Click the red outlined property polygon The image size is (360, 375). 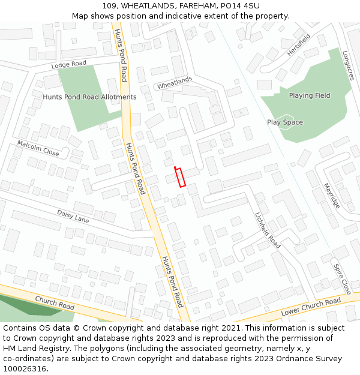[x=180, y=177]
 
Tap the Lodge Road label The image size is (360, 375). [x=69, y=64]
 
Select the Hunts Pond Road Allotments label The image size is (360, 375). [x=89, y=97]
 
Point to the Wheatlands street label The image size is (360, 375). [x=175, y=83]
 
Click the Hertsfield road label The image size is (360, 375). [x=299, y=44]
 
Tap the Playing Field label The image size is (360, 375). [x=310, y=96]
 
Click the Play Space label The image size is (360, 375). [x=285, y=122]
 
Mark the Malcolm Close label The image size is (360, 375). [x=38, y=148]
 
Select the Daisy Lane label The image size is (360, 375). [x=73, y=217]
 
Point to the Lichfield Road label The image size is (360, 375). [x=268, y=230]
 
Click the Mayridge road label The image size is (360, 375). [x=332, y=196]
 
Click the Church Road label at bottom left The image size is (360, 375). [x=55, y=303]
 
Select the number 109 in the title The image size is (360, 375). [x=109, y=6]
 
